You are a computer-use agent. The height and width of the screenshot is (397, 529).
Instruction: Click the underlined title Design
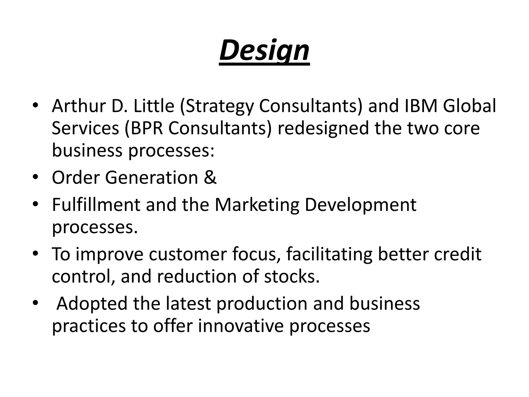tap(264, 51)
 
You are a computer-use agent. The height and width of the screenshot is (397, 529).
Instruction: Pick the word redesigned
tap(323, 129)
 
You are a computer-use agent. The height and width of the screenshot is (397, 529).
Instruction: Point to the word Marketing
tap(257, 205)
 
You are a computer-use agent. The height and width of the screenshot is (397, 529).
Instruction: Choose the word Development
tap(361, 205)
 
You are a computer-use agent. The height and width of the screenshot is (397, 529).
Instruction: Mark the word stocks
tap(292, 276)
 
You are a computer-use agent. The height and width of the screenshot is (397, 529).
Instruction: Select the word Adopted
tap(92, 304)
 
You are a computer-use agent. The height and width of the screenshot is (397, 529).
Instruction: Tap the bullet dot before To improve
tap(36, 254)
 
